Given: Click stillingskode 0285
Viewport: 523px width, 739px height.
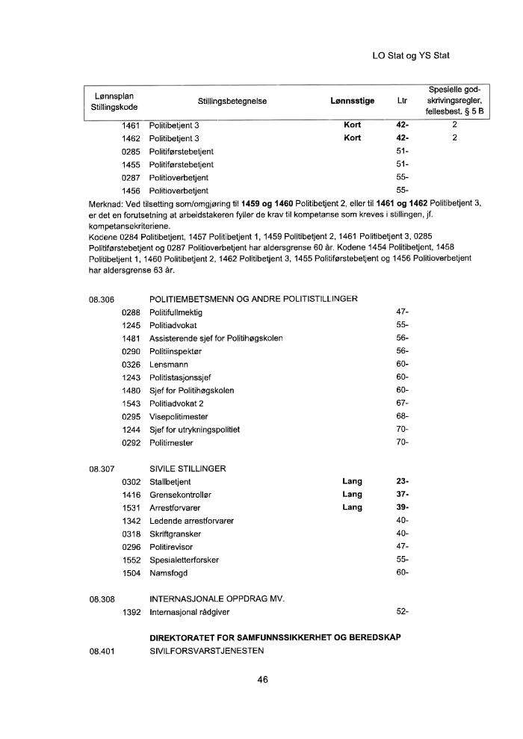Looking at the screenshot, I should [x=131, y=152].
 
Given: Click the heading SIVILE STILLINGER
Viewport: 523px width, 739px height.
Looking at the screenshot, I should [x=188, y=469].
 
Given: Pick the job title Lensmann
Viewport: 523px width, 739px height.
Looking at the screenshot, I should [x=168, y=364].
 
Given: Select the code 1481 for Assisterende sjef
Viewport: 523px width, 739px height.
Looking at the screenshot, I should [x=131, y=338].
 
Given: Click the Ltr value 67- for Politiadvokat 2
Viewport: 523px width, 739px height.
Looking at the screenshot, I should [x=402, y=403].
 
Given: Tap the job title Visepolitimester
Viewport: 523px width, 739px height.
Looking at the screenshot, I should [x=179, y=416].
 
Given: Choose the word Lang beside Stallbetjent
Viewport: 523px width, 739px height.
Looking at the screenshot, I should [x=352, y=482].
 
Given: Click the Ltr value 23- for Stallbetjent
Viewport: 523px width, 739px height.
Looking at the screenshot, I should [x=402, y=482].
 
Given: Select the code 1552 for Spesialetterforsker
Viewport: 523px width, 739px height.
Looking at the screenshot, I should [x=131, y=560].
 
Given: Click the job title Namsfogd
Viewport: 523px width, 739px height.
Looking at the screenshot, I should [x=169, y=573].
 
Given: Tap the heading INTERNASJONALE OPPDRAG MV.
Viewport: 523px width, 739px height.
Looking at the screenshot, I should [x=217, y=599].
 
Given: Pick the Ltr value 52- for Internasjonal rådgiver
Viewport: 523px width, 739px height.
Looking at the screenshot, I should [x=402, y=613].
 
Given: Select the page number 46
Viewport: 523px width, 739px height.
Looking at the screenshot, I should [x=262, y=680].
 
